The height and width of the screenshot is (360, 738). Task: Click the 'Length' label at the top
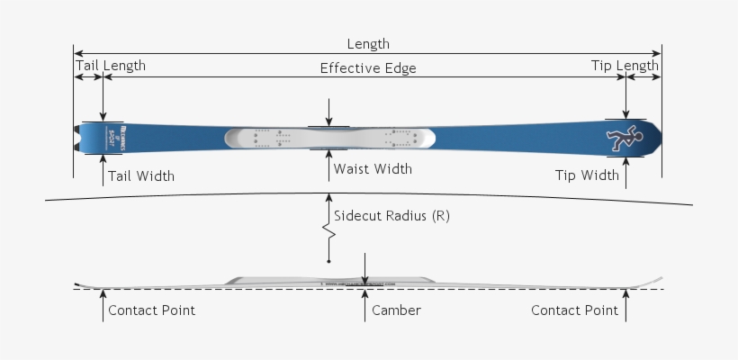coord(368,44)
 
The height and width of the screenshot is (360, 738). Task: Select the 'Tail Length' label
coord(110,66)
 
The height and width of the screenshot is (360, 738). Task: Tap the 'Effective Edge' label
coord(368,68)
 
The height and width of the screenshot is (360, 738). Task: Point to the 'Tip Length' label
coord(625,66)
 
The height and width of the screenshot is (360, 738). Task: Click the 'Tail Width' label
coord(141,176)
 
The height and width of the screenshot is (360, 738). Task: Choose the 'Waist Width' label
coord(373,169)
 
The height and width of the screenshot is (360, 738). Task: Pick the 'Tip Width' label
coord(587,175)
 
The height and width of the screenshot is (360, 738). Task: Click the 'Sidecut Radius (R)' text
coord(391,216)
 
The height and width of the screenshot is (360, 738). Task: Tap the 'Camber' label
coord(396,310)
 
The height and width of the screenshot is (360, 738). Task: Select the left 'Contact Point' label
coord(151,310)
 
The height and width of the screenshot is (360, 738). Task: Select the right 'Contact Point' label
coord(574,310)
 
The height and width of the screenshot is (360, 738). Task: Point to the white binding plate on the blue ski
coord(328,138)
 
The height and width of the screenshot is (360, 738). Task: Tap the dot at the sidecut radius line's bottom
coord(329,261)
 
